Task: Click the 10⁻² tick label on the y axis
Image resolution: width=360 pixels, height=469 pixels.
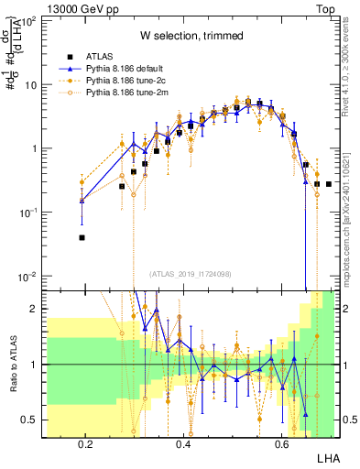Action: (x=27, y=277)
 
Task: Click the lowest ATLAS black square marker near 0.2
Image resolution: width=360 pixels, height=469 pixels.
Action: (x=82, y=237)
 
